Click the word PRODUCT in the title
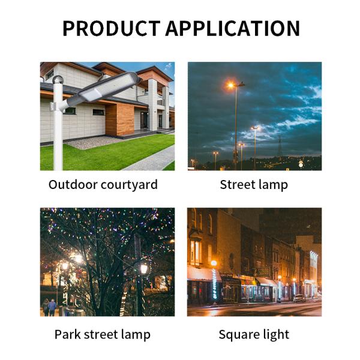pos(111,29)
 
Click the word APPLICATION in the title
pos(233,29)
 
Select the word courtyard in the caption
pos(130,185)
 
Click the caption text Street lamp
pos(254,185)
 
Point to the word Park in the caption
pos(68,334)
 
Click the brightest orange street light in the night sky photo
pos(230,86)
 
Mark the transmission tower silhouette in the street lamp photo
pos(279,147)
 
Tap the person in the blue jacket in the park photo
pos(52,307)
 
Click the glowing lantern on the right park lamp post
pos(144,268)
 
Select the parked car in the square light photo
pos(299,298)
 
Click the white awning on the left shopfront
pos(203,274)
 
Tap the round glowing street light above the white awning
pos(214,263)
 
